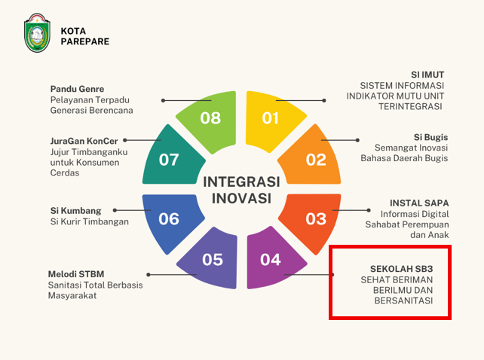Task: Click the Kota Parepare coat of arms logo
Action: (x=37, y=32)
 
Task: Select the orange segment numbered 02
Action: (x=312, y=158)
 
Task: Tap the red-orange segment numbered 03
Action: (x=312, y=221)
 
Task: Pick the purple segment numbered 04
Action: (x=271, y=260)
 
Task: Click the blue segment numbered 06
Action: (x=170, y=221)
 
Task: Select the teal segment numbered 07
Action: (x=170, y=158)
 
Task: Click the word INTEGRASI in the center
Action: (x=241, y=182)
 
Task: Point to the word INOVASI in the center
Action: (x=241, y=198)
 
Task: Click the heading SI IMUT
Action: (x=427, y=75)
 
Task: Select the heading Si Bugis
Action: (x=430, y=137)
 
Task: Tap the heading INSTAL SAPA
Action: (x=419, y=203)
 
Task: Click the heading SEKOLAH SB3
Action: (x=402, y=269)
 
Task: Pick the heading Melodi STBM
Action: (x=76, y=274)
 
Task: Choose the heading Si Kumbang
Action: (x=75, y=211)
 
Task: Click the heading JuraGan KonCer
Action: (x=84, y=141)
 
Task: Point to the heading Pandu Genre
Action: (x=77, y=89)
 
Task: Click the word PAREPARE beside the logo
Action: (x=85, y=41)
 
